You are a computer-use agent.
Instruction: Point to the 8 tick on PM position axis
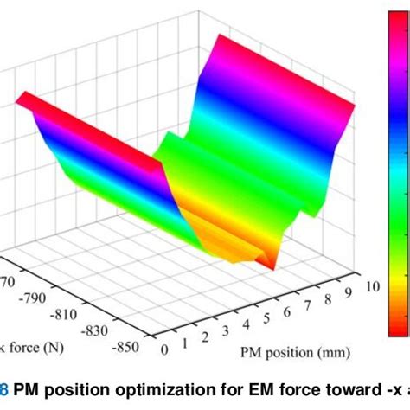click(333, 300)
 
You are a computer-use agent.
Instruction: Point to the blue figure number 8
click(5, 392)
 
